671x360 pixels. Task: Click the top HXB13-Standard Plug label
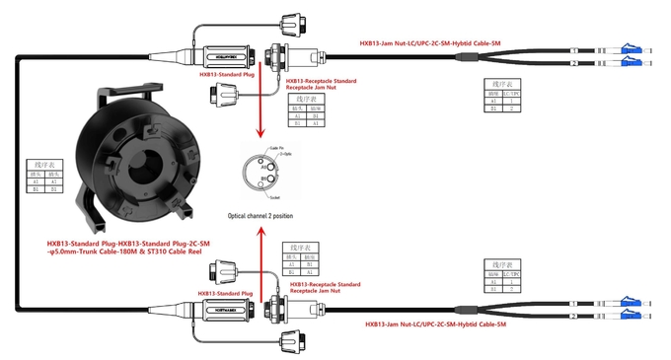[222, 73]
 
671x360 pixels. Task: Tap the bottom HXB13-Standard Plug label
[225, 293]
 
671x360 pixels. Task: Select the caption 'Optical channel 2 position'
[260, 215]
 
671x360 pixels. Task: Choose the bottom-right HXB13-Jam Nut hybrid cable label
[435, 324]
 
